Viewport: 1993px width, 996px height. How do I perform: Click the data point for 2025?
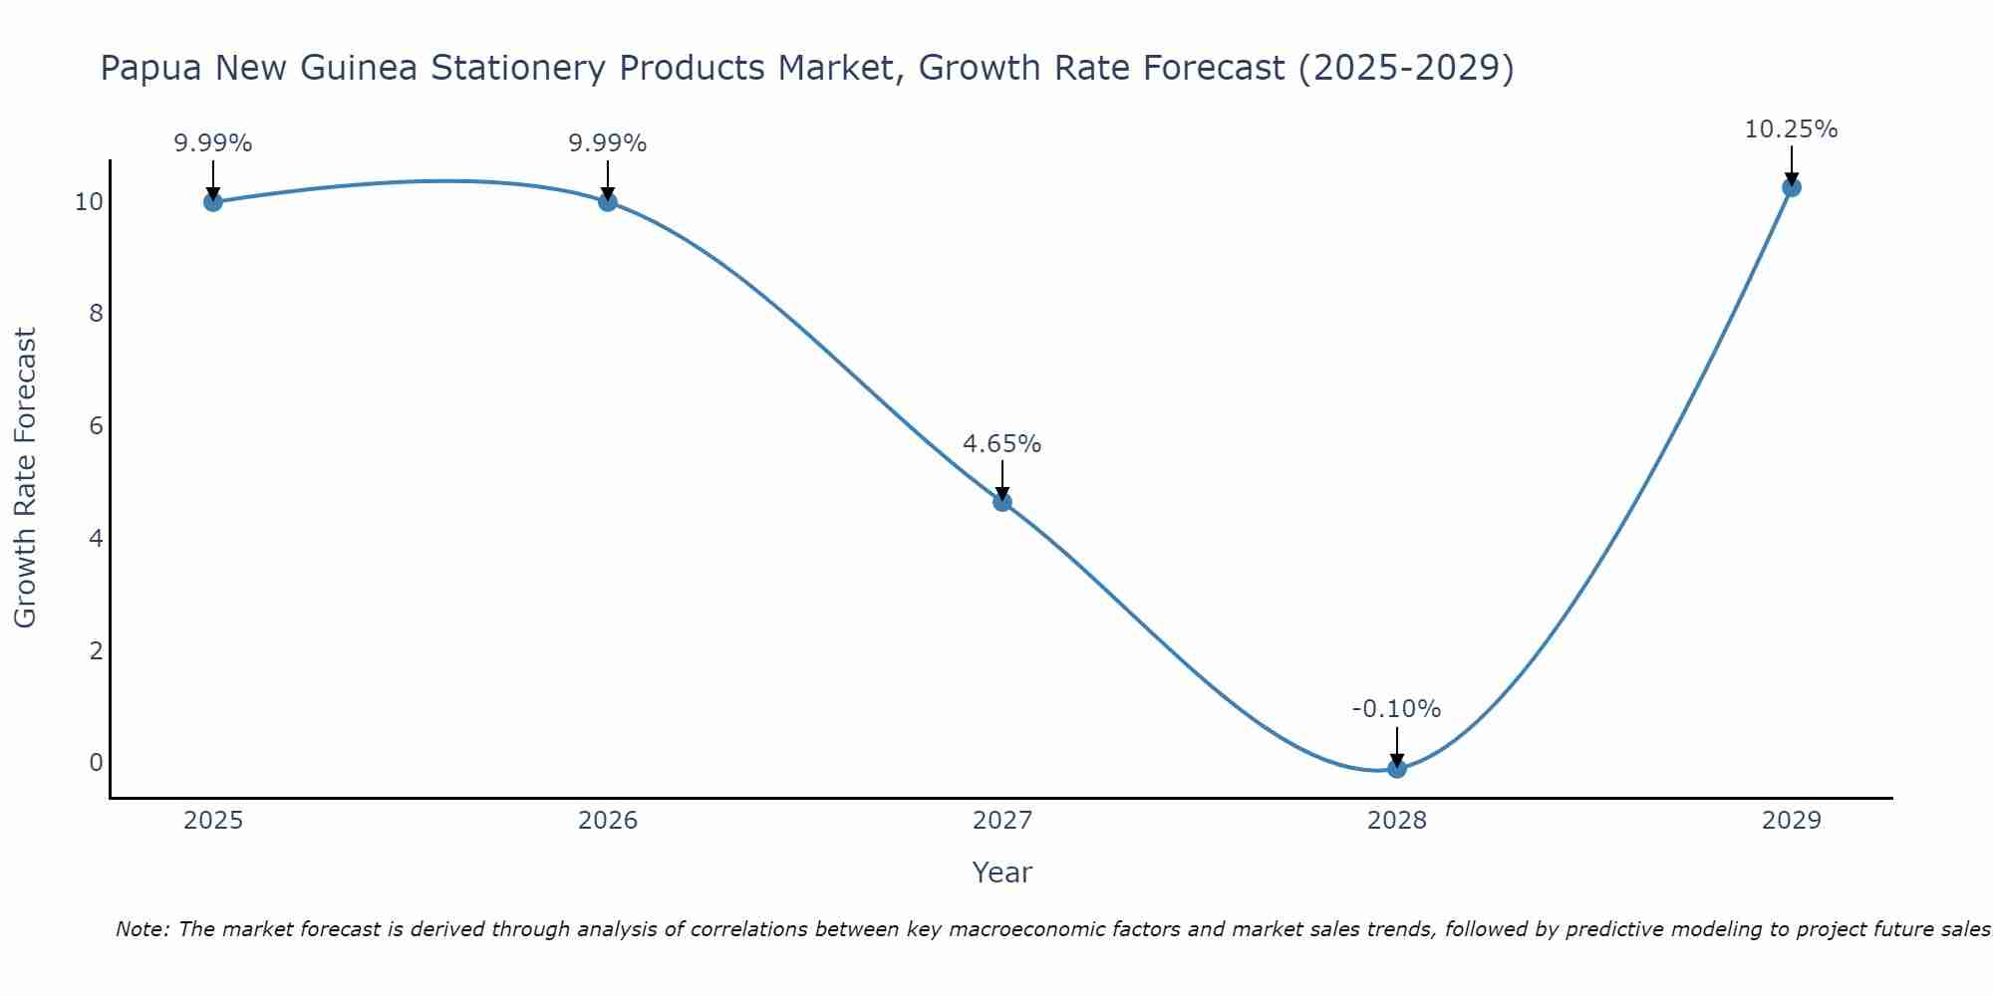[x=212, y=202]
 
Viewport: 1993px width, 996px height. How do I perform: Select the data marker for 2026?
[x=607, y=202]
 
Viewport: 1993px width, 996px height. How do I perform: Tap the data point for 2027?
[x=1001, y=502]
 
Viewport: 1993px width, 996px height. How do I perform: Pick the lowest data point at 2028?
[x=1396, y=768]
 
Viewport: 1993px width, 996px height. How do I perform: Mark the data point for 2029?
[x=1791, y=187]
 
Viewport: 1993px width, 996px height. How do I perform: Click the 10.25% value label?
[x=1791, y=129]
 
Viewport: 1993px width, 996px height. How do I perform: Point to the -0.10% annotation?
[x=1396, y=709]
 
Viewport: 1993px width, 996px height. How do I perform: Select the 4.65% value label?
[x=1001, y=444]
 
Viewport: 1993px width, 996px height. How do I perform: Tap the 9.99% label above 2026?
[x=607, y=143]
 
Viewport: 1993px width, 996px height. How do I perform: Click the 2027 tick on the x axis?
[x=1001, y=821]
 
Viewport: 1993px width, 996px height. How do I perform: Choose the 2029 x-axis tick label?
[x=1791, y=821]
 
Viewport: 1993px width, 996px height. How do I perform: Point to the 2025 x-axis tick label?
[x=212, y=821]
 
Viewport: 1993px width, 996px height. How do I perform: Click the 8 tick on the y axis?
[x=96, y=314]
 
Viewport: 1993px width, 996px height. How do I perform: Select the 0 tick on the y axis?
[x=96, y=763]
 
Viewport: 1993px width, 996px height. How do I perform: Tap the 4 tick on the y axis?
[x=96, y=539]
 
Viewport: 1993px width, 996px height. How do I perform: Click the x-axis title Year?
[x=1001, y=872]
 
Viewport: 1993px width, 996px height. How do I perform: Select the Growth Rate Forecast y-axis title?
[x=26, y=478]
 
